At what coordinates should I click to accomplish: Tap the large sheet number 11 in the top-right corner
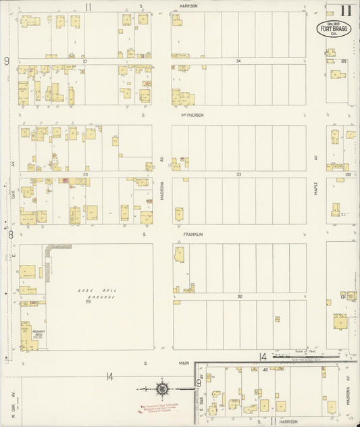(x=346, y=9)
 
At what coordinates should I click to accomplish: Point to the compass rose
(x=162, y=389)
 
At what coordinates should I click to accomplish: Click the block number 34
(x=238, y=61)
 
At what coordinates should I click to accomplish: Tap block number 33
(x=238, y=174)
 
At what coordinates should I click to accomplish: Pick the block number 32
(x=238, y=297)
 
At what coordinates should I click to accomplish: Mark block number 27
(x=85, y=61)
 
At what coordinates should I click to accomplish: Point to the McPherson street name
(x=192, y=115)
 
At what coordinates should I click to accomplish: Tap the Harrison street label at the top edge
(x=188, y=5)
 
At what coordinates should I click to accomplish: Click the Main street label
(x=184, y=363)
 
